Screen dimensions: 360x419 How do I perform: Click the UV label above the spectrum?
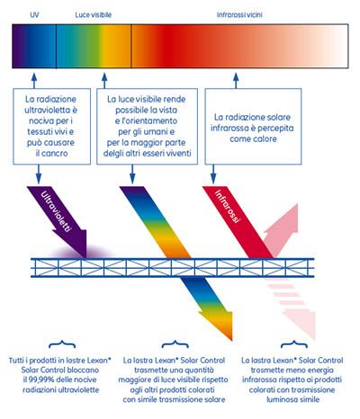pos(34,14)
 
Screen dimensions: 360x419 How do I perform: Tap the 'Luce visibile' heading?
pos(94,14)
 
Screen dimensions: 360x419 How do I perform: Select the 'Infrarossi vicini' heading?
pos(239,14)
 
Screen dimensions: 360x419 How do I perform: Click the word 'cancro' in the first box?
pos(55,154)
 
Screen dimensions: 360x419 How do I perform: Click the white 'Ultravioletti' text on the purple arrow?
pos(57,211)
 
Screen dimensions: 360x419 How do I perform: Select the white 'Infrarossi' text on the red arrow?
pos(228,206)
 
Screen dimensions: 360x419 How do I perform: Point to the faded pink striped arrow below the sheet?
pos(291,308)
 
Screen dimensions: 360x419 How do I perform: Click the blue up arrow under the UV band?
pos(34,80)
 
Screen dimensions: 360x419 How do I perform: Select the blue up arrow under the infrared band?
pos(236,80)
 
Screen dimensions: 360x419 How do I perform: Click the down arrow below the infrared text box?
pos(213,174)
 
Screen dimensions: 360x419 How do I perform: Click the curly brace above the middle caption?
pos(175,344)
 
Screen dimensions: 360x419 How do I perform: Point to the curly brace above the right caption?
pos(294,344)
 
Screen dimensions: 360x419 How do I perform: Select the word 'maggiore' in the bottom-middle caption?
pos(133,380)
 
